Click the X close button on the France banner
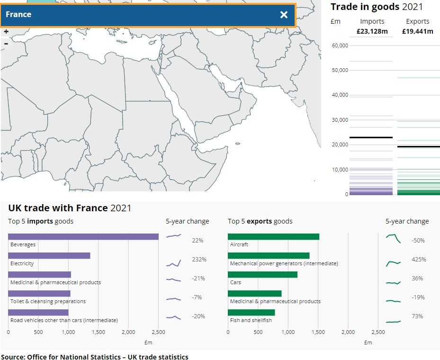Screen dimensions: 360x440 [284, 15]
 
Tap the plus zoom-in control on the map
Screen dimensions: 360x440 [6, 32]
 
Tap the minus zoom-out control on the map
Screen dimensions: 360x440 [6, 44]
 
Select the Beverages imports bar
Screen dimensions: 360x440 [83, 236]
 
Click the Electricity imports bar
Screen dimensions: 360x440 [49, 255]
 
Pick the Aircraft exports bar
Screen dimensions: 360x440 [273, 236]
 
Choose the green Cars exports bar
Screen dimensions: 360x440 [262, 274]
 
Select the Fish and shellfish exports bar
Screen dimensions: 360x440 [251, 312]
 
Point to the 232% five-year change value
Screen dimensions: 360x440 [199, 260]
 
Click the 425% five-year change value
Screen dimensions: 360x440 [419, 260]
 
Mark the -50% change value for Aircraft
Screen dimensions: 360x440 [418, 241]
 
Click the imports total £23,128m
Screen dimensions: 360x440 [372, 32]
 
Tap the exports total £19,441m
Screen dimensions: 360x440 [417, 32]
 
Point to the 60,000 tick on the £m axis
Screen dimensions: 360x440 [340, 45]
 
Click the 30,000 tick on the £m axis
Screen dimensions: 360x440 [340, 120]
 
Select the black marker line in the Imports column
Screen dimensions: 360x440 [371, 137]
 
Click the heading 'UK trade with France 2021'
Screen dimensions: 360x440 [70, 208]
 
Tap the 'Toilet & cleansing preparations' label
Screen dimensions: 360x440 [48, 301]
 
